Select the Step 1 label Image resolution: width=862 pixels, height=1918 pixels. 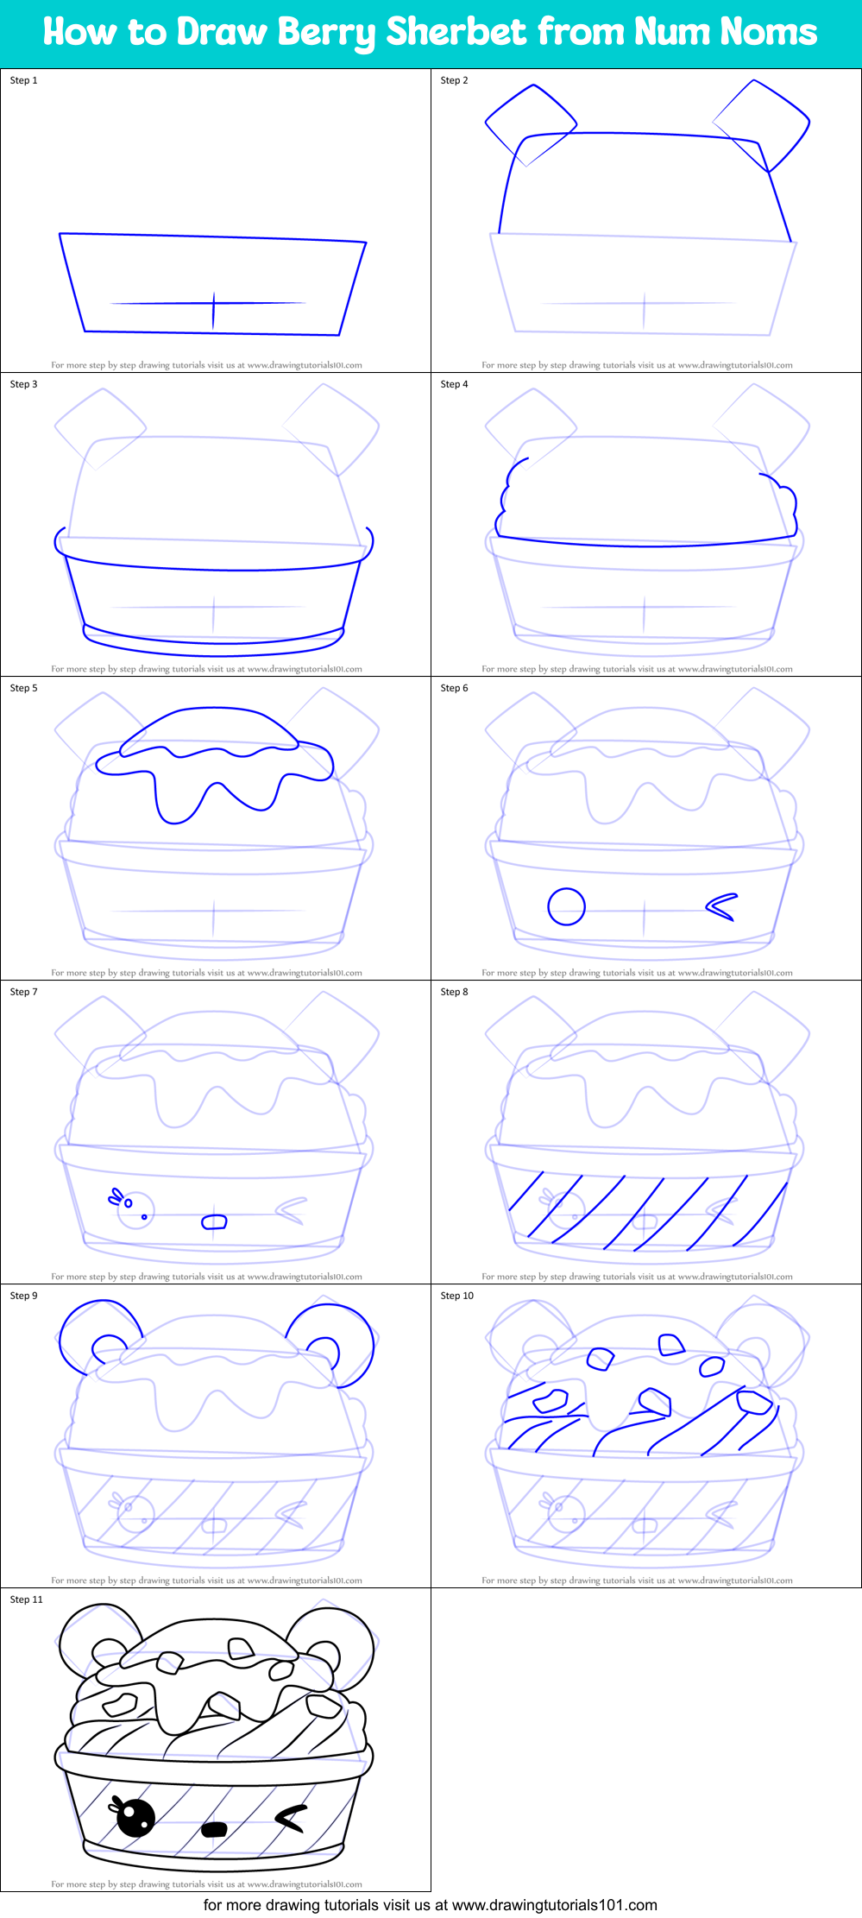(x=23, y=80)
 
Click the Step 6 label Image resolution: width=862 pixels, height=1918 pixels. (x=454, y=688)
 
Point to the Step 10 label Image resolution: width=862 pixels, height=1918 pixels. (x=456, y=1296)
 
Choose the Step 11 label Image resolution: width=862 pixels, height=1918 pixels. (x=26, y=1599)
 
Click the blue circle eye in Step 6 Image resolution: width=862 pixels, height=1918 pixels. (x=566, y=906)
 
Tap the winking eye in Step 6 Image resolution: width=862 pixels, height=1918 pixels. (x=722, y=906)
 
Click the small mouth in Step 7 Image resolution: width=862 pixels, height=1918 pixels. (x=214, y=1221)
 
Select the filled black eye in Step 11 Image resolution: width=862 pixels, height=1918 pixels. (x=135, y=1817)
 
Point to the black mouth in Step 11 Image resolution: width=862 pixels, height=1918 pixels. (x=213, y=1829)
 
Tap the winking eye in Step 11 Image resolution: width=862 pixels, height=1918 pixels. (x=291, y=1818)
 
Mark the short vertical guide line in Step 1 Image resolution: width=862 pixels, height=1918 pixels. (x=214, y=311)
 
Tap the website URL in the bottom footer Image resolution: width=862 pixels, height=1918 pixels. (x=554, y=1904)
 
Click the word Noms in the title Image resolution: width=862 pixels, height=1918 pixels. (x=769, y=32)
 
